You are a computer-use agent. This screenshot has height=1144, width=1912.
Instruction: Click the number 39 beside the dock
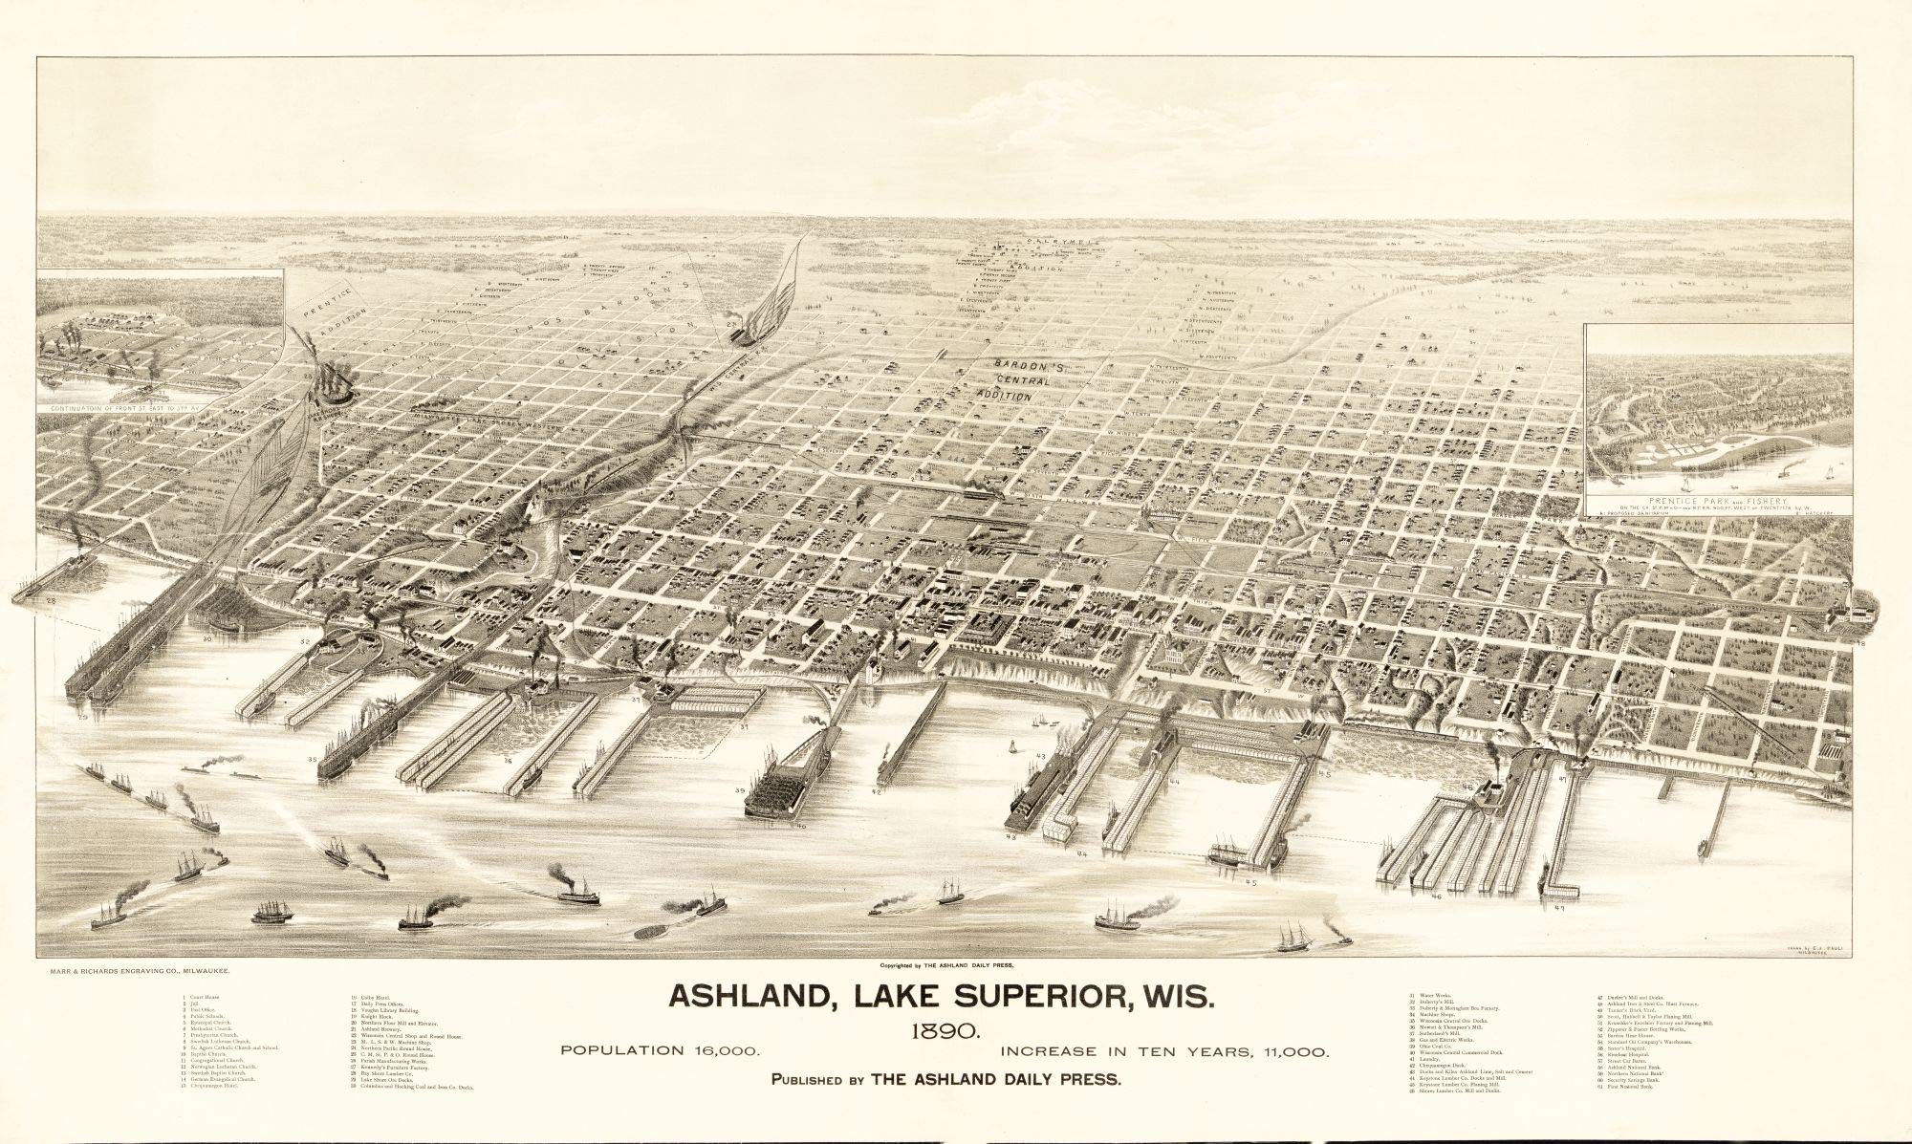[740, 791]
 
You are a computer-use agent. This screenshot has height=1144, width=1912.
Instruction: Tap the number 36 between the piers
[508, 762]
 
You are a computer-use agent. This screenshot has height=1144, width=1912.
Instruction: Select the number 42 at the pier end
[876, 792]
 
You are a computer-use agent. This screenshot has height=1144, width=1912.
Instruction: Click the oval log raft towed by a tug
[654, 928]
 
